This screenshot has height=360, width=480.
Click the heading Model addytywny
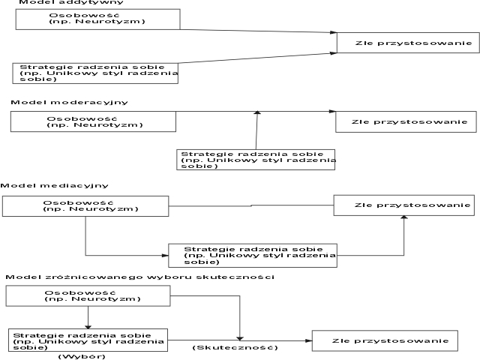click(x=71, y=2)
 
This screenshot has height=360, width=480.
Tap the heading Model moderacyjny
click(x=69, y=102)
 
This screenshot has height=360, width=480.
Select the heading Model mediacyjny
click(x=55, y=185)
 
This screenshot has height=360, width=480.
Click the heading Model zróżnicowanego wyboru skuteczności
click(x=140, y=277)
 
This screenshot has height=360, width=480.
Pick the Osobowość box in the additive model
click(x=98, y=19)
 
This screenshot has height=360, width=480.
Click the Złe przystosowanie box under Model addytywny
click(x=408, y=43)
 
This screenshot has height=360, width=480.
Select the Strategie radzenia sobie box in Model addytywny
click(x=95, y=73)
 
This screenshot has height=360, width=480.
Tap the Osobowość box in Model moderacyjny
click(x=93, y=121)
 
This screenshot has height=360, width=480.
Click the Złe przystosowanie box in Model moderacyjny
click(x=406, y=121)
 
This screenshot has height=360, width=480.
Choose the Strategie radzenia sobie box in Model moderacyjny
click(x=256, y=160)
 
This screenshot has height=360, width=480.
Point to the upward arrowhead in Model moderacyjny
click(x=257, y=112)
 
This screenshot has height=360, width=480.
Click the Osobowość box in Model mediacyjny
click(x=85, y=206)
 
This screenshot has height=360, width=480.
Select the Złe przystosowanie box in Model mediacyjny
click(x=404, y=205)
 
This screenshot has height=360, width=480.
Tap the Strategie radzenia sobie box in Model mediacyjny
click(x=253, y=256)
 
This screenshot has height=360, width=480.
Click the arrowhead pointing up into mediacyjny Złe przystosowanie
click(x=404, y=217)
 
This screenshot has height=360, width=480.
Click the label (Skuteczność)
click(x=235, y=348)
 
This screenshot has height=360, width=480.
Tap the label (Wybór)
click(x=82, y=357)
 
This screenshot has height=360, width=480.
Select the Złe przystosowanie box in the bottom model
click(x=385, y=340)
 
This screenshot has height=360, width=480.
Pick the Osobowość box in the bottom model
click(x=88, y=296)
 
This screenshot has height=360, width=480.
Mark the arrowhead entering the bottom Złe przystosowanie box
click(x=308, y=340)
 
